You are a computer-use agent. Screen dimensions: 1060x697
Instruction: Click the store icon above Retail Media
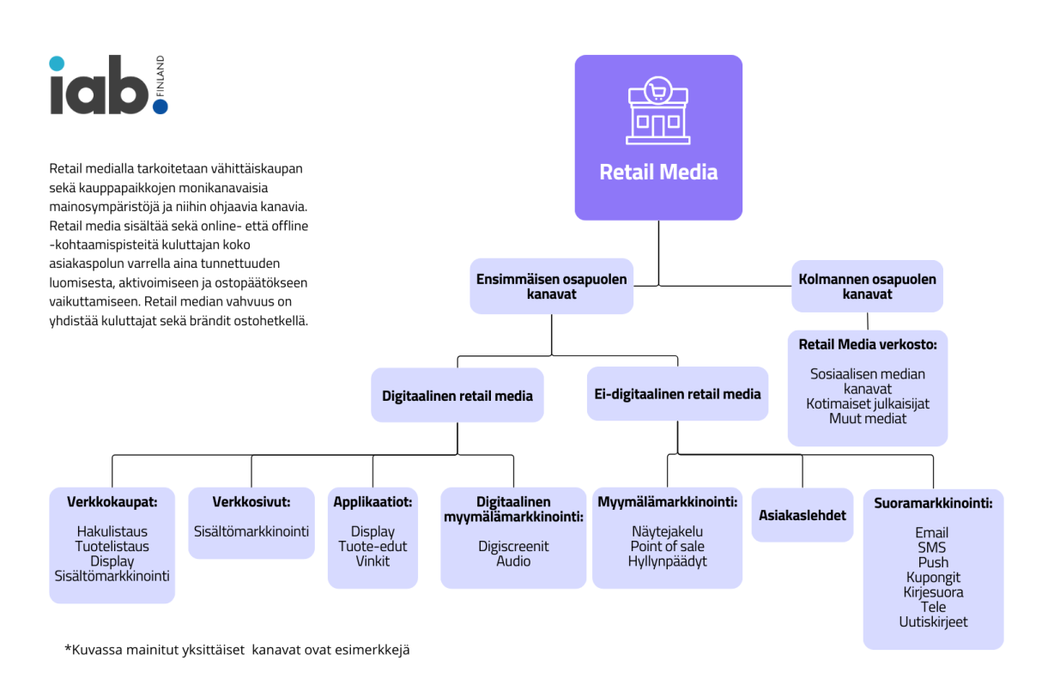point(658,110)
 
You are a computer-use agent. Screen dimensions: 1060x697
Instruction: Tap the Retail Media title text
point(658,173)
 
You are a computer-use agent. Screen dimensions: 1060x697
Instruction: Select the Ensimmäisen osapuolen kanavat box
point(551,287)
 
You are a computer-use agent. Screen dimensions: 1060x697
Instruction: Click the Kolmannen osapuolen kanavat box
point(867,287)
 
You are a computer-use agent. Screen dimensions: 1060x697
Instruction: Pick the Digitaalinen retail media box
point(457,395)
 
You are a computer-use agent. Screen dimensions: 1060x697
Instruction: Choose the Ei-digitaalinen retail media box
point(677,394)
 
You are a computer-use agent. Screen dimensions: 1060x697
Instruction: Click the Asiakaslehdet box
point(803,515)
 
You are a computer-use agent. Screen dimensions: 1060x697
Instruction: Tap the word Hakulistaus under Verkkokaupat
point(112,531)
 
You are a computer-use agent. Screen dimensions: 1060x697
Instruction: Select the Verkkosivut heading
point(251,502)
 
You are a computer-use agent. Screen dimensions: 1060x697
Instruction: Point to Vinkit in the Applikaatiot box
point(373,561)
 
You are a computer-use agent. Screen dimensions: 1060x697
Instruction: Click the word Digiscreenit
point(513,547)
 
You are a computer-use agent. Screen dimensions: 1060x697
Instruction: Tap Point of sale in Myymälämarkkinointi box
point(667,547)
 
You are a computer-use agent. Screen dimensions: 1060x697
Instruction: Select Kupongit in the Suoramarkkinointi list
point(933,578)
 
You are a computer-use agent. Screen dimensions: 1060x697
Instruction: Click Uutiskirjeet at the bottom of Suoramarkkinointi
point(933,621)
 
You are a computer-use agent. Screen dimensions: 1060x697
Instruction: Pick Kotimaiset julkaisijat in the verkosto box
point(868,403)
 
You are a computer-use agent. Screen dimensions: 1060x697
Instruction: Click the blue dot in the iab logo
point(161,106)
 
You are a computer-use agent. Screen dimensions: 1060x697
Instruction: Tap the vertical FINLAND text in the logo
point(161,76)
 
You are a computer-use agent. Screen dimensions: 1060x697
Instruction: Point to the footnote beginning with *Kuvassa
point(237,650)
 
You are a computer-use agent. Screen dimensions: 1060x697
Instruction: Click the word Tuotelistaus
point(112,547)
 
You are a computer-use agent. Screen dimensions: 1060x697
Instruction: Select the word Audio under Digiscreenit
point(513,561)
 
